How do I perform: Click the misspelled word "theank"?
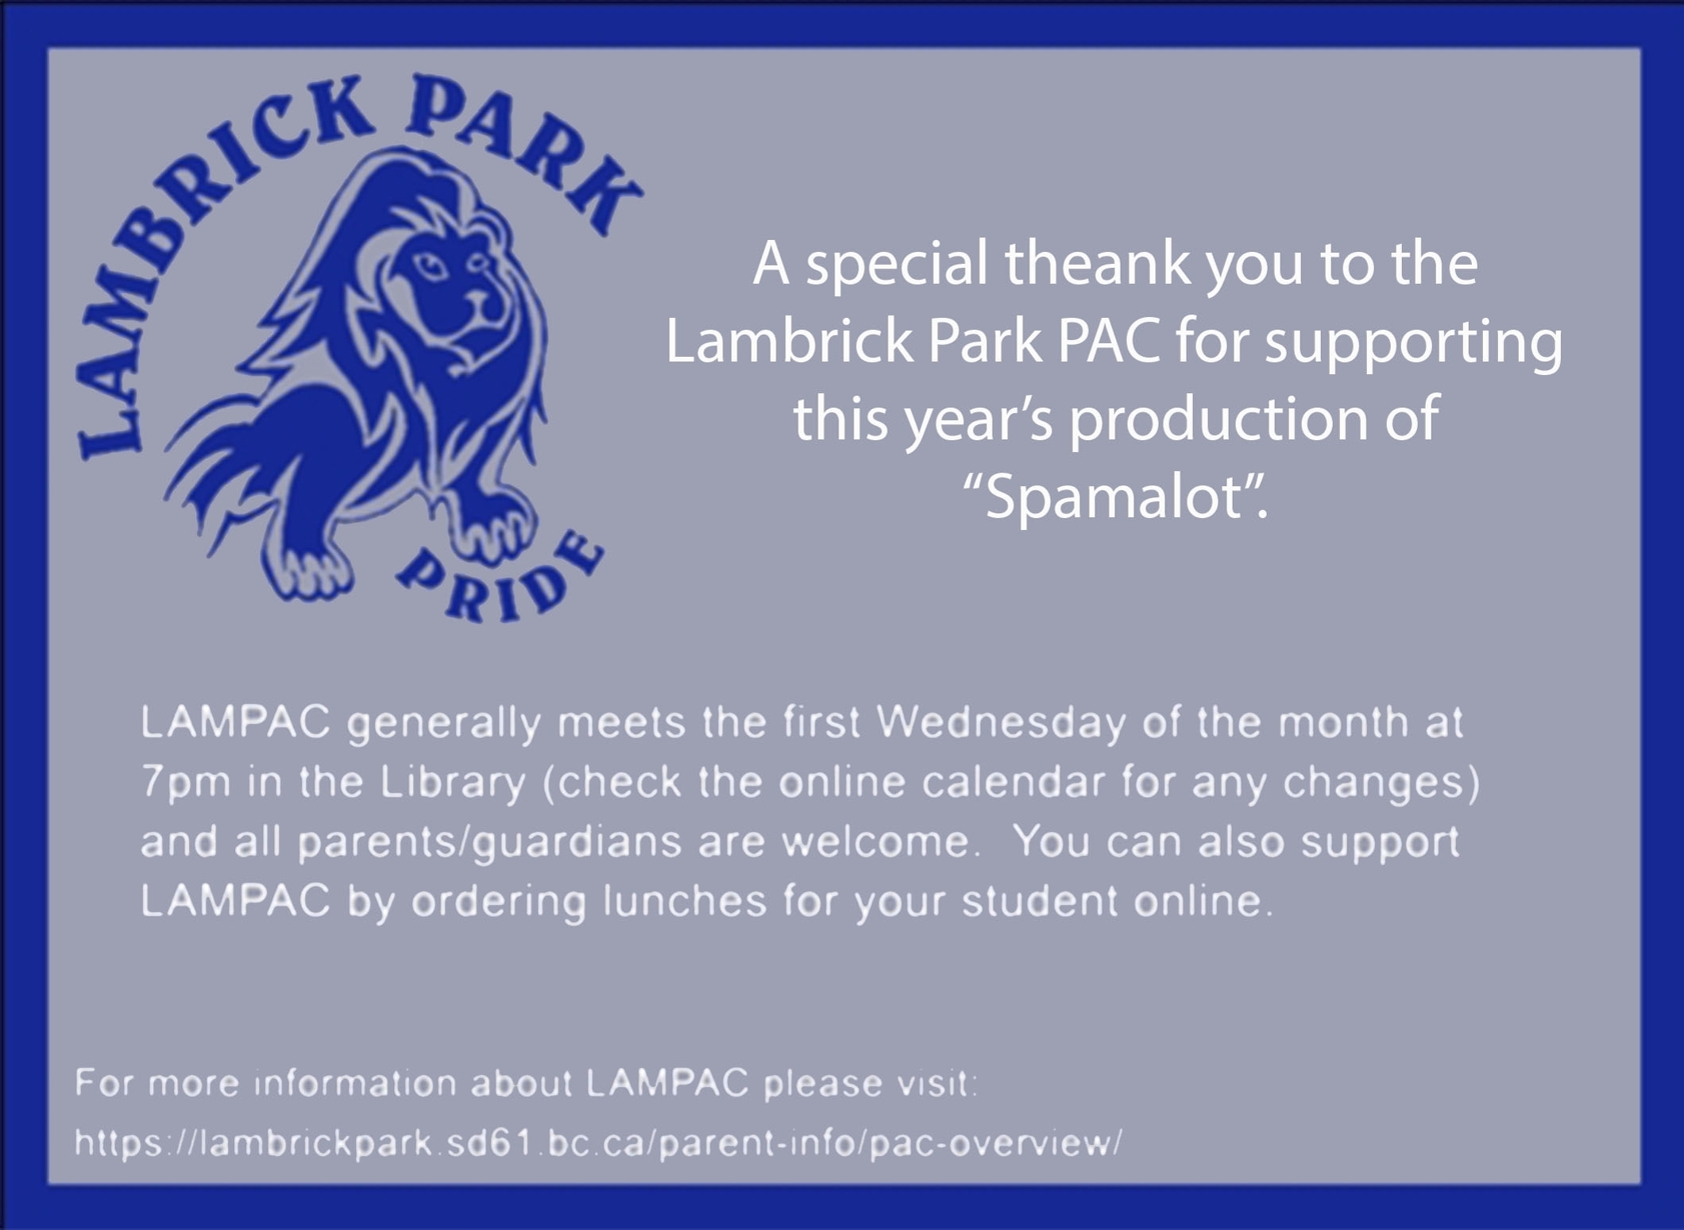coord(1098,263)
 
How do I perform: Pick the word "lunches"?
coord(685,901)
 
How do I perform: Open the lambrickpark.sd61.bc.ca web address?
coord(598,1143)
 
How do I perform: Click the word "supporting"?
coord(1413,343)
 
